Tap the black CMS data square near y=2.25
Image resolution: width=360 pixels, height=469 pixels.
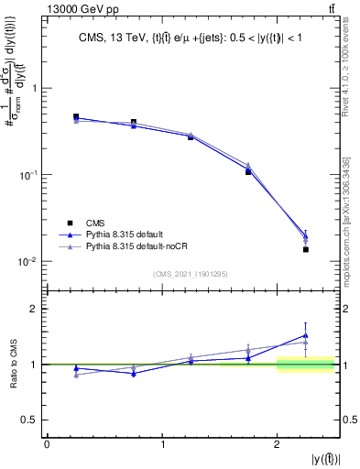click(x=306, y=249)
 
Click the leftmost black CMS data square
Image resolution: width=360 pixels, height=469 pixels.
click(x=76, y=117)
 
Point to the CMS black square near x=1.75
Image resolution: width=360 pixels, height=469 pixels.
click(x=248, y=171)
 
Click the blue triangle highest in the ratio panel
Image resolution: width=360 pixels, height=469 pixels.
click(x=306, y=335)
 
